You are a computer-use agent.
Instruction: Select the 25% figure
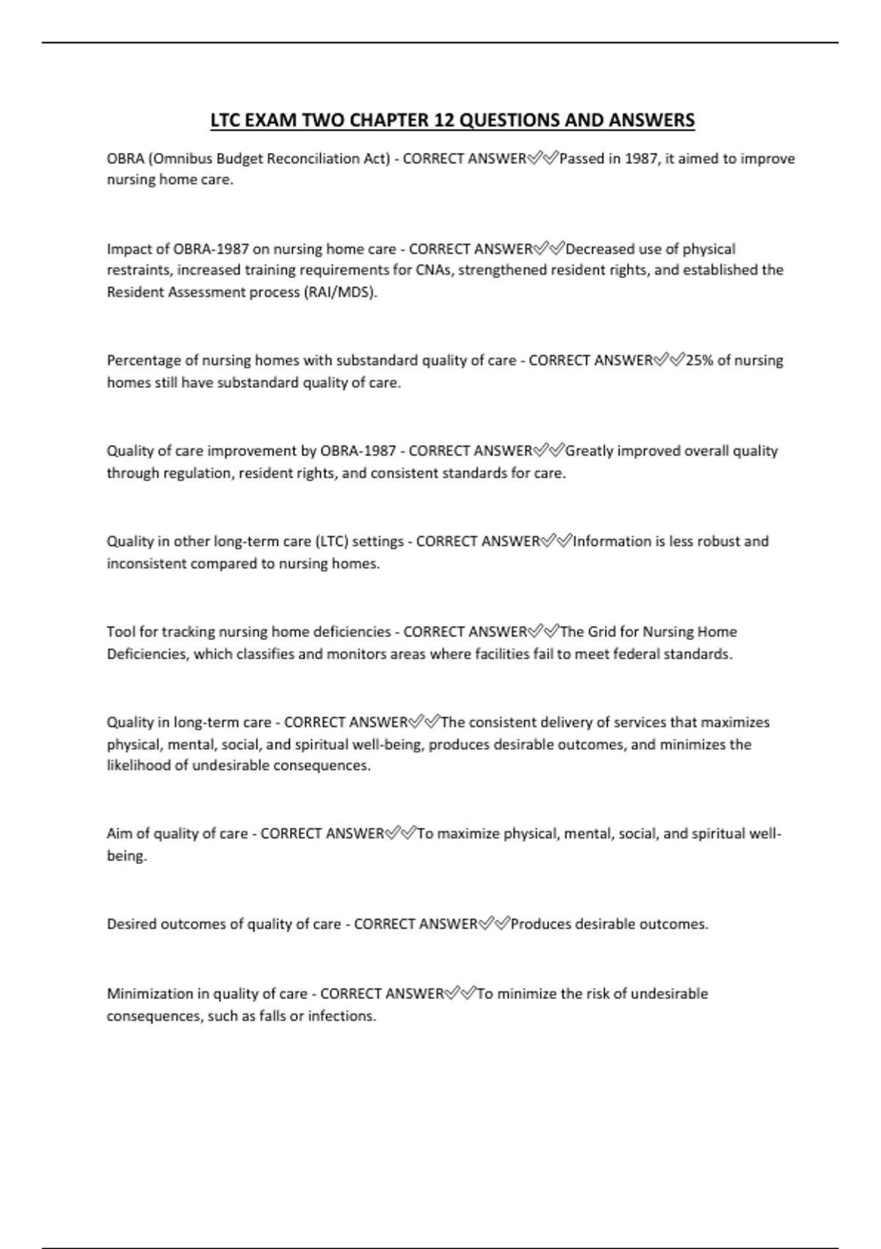pyautogui.click(x=699, y=361)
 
